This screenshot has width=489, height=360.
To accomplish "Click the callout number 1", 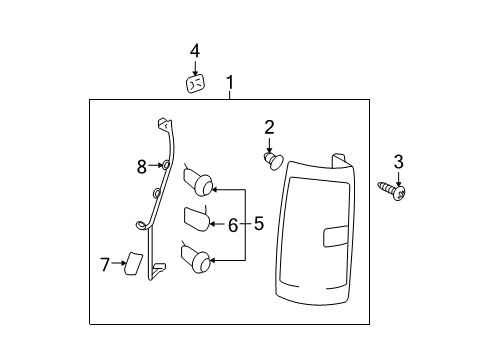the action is click(x=230, y=82).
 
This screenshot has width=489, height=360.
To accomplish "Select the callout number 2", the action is click(x=269, y=128).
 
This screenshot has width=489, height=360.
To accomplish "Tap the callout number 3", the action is click(x=398, y=162).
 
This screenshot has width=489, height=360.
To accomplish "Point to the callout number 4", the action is click(x=195, y=51).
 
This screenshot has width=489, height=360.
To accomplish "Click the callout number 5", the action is click(x=259, y=223).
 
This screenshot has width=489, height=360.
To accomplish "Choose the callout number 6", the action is click(x=233, y=225).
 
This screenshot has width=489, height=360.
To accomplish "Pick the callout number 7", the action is click(x=105, y=265).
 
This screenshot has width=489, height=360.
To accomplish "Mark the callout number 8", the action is click(x=142, y=167).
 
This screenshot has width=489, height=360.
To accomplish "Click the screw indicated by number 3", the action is click(x=392, y=191).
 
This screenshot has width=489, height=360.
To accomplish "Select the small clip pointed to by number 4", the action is click(x=195, y=84).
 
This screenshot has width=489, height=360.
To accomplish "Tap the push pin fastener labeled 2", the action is click(x=273, y=161).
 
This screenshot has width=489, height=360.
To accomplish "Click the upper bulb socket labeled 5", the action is click(x=198, y=181).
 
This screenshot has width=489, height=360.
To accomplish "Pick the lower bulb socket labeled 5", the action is click(x=195, y=257).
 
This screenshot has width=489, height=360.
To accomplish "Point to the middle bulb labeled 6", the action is click(x=197, y=218).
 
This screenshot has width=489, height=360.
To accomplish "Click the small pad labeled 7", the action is click(x=133, y=264).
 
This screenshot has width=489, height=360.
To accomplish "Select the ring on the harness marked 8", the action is click(x=165, y=164).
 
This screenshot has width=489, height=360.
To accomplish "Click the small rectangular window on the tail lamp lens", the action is click(x=336, y=236).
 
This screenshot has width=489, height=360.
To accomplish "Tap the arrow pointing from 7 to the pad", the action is click(x=119, y=263).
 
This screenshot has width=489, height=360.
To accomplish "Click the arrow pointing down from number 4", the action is click(x=195, y=67).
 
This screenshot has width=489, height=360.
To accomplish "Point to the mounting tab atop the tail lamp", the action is click(x=340, y=161).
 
